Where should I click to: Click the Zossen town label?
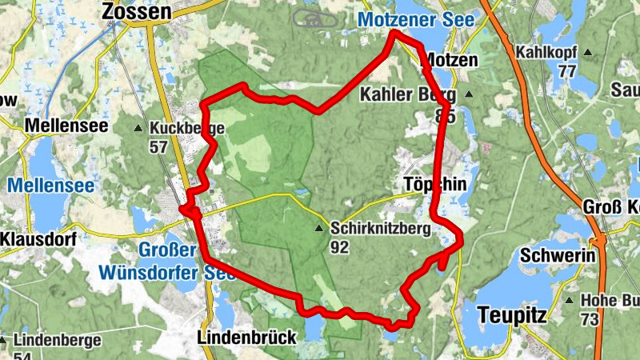(137, 12)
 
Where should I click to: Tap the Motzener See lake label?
(416, 18)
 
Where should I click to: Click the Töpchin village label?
(434, 183)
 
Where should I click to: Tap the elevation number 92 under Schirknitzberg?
(339, 247)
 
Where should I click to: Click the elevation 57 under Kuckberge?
(158, 146)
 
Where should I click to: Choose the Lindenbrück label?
(246, 336)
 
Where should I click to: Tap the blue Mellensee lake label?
(51, 186)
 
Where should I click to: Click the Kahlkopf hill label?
(546, 52)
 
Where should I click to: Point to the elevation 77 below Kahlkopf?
(567, 70)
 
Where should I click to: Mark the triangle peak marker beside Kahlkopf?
(588, 53)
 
